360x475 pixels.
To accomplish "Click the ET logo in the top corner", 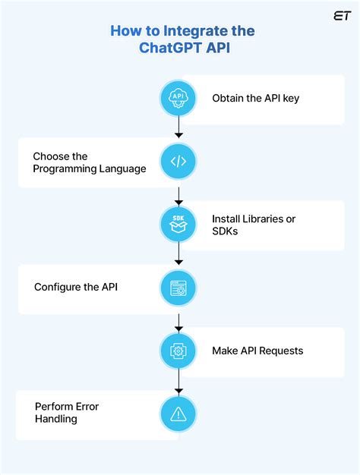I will tap(341, 16).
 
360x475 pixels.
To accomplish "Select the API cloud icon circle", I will tap(178, 99).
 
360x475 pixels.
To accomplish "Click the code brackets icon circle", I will tap(178, 162).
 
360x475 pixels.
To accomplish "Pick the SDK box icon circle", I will tap(178, 225).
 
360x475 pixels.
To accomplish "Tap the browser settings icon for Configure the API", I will tap(178, 288).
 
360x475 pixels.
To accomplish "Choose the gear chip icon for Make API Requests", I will tap(178, 351).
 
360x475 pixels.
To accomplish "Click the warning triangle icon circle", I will tap(178, 414).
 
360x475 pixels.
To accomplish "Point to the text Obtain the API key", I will tap(255, 99).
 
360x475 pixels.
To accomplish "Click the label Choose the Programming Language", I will tap(89, 162).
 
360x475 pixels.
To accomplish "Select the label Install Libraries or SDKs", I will tap(254, 225).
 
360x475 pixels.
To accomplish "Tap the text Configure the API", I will tap(76, 288).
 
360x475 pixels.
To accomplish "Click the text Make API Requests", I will tap(257, 351).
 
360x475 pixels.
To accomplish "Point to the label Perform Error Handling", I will tap(67, 413).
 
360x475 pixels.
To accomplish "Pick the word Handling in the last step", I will tap(56, 419).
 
